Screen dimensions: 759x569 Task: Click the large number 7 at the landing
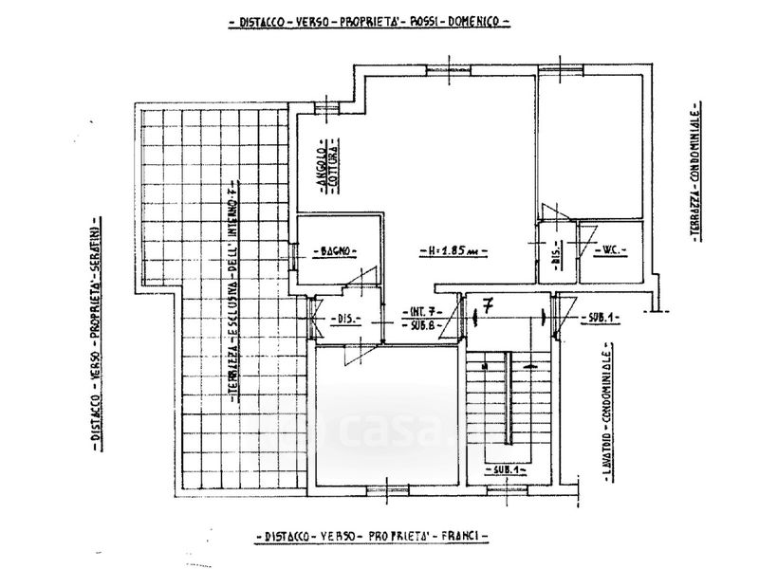(487, 306)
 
